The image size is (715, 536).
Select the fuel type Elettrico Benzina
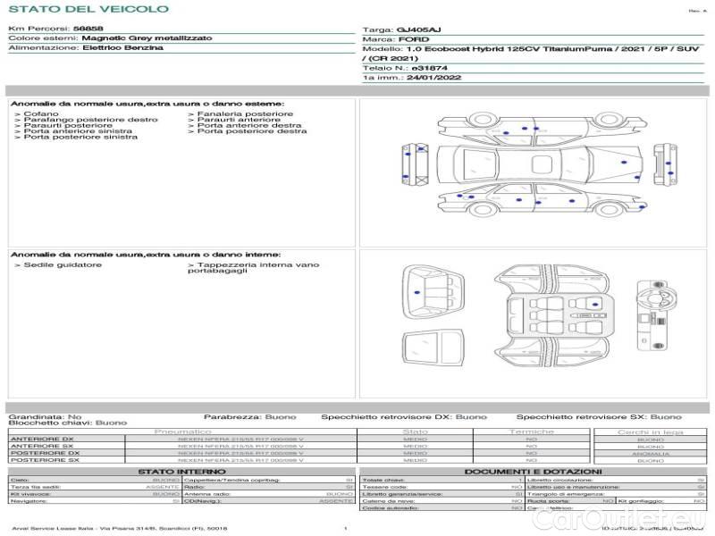tap(122, 47)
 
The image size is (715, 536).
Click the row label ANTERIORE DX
tap(42, 440)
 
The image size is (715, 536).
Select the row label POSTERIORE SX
tap(44, 460)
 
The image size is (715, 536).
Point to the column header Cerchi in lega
tap(650, 432)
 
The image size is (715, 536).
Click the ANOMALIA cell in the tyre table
tap(650, 454)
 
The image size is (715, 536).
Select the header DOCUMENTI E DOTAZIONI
tap(533, 471)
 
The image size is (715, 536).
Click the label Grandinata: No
tap(45, 416)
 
